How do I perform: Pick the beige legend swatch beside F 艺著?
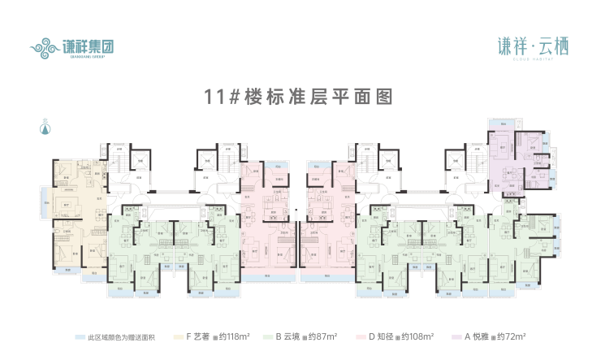[x=178, y=335]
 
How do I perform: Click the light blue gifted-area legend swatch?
[x=79, y=335]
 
